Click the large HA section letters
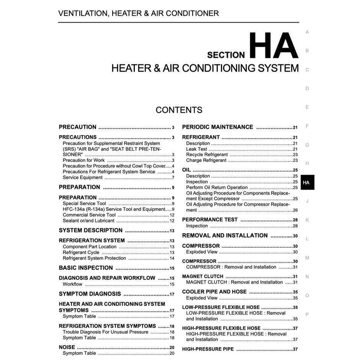tap(273, 46)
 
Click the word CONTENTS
tap(179, 110)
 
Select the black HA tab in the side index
tap(307, 183)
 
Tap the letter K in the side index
tap(307, 220)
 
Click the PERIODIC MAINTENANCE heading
tap(218, 127)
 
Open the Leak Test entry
tap(196, 149)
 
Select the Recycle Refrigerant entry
tap(207, 155)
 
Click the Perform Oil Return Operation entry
tap(217, 188)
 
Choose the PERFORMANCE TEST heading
tap(210, 220)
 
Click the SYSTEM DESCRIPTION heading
tap(91, 231)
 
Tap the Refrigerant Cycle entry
tap(81, 252)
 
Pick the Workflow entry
tap(72, 284)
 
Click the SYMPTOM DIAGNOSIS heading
tap(90, 294)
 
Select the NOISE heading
tap(67, 347)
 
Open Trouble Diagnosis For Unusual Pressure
tap(105, 332)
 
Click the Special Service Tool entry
tap(84, 203)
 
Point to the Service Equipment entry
tap(83, 177)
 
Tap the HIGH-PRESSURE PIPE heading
tap(208, 349)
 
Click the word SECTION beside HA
tap(226, 55)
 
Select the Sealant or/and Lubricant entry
tap(88, 221)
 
